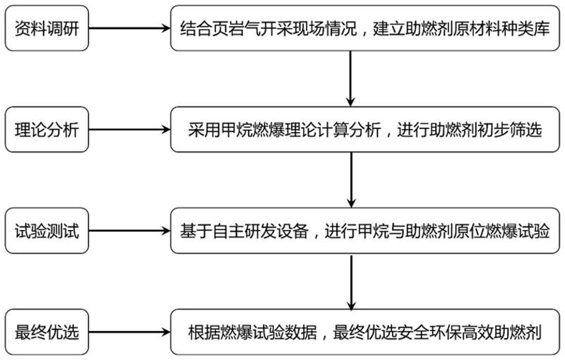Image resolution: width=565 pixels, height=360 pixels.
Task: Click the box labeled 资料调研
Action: coord(47,28)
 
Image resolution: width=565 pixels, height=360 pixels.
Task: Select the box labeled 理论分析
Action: coord(47,130)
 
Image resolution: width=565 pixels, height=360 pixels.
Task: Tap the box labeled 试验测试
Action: coord(47,231)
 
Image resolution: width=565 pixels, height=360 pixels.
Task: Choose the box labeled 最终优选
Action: coord(47,332)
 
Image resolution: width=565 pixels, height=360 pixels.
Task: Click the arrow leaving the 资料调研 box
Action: coord(129,28)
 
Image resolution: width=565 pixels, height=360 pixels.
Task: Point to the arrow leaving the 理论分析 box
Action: coord(129,130)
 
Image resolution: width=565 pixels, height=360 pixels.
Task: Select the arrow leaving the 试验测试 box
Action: coord(129,231)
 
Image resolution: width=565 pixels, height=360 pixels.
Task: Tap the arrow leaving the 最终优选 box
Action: coord(129,332)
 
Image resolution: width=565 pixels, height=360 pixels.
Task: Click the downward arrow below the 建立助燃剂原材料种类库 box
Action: coord(350,79)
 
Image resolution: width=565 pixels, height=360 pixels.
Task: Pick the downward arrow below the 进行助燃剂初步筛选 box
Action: coord(351,180)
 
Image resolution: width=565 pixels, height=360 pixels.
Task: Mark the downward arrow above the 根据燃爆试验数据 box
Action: coord(351,282)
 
